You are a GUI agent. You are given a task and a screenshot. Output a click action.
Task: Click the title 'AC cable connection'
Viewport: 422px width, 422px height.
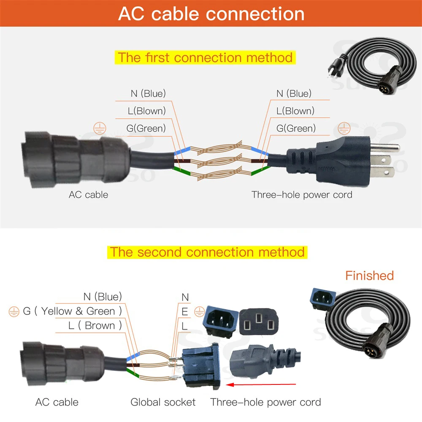pos(211,14)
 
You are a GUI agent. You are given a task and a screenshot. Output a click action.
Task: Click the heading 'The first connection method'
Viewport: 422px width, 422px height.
pos(205,57)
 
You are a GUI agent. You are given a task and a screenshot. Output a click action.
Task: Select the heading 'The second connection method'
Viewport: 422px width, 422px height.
pos(207,252)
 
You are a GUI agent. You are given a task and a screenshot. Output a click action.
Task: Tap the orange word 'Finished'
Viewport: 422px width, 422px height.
pos(369,276)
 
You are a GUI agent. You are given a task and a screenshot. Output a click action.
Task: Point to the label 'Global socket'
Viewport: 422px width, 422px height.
pos(163,402)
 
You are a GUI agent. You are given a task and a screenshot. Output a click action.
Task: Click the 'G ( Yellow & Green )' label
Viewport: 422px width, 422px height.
pos(72,311)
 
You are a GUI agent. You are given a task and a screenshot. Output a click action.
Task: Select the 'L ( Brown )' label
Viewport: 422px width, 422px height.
pos(95,325)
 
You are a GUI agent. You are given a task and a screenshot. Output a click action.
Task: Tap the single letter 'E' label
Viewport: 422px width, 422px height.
pos(185,312)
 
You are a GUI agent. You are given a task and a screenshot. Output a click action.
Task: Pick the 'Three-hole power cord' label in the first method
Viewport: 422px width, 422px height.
pos(302,195)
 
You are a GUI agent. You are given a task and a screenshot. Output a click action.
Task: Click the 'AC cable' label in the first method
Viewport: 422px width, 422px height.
pos(88,195)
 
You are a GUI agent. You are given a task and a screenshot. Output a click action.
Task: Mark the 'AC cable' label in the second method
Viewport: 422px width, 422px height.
pos(57,402)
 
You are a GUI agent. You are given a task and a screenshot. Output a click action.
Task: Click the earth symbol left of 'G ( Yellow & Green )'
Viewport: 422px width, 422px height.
pos(14,312)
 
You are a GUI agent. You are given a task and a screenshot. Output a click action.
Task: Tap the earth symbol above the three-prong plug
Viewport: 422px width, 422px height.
pos(345,128)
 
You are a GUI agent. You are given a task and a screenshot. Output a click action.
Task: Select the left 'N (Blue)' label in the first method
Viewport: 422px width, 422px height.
pos(148,93)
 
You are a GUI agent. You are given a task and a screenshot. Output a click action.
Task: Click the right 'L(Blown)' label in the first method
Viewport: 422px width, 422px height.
pos(295,111)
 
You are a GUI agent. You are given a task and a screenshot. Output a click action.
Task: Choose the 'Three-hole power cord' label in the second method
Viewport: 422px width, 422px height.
pos(265,402)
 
